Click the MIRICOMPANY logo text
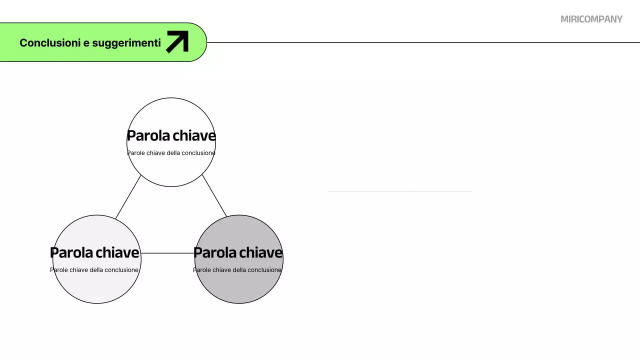tap(591, 19)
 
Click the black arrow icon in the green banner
tap(177, 41)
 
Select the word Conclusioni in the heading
tap(50, 43)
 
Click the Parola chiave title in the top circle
tap(171, 135)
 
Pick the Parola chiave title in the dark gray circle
tap(238, 252)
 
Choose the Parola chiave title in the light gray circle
tap(94, 252)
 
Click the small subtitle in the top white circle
tap(171, 153)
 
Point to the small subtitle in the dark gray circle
tap(237, 270)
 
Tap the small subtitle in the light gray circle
tap(94, 270)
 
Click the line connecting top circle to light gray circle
tap(128, 197)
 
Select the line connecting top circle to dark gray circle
tap(214, 196)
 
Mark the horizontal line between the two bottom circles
tap(167, 253)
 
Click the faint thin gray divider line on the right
tap(399, 191)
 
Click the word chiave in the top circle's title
tap(194, 135)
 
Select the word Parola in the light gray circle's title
tap(71, 252)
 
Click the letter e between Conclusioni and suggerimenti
tap(86, 43)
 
